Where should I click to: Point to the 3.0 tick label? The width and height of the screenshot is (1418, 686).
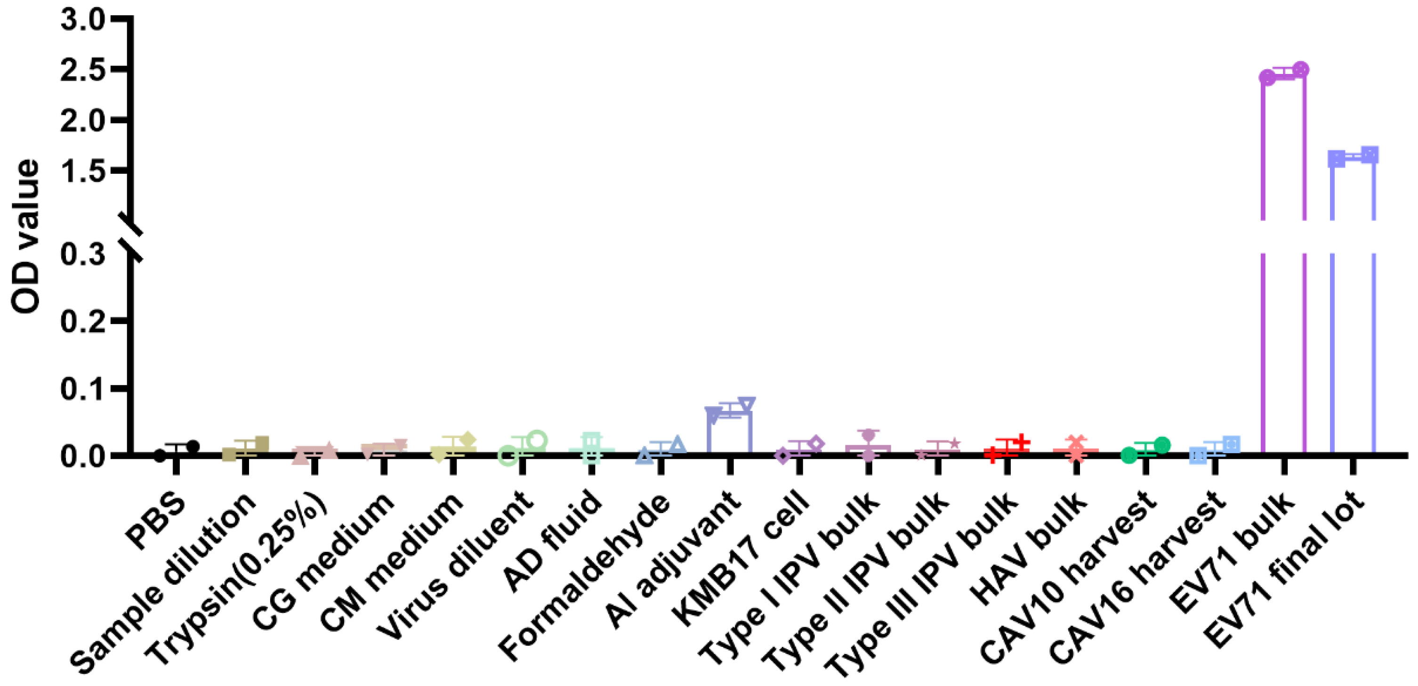tap(82, 20)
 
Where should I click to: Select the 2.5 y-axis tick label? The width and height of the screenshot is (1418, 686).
tap(82, 70)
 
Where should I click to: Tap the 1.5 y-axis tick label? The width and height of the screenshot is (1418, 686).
tap(82, 171)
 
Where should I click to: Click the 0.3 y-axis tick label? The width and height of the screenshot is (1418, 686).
tap(82, 254)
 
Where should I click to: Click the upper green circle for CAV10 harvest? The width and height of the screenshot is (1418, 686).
tap(1161, 445)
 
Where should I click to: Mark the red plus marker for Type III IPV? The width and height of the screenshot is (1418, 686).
tap(1022, 441)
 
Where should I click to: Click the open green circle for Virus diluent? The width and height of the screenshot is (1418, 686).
tap(537, 440)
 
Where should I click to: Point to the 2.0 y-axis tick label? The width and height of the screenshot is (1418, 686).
tap(82, 120)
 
